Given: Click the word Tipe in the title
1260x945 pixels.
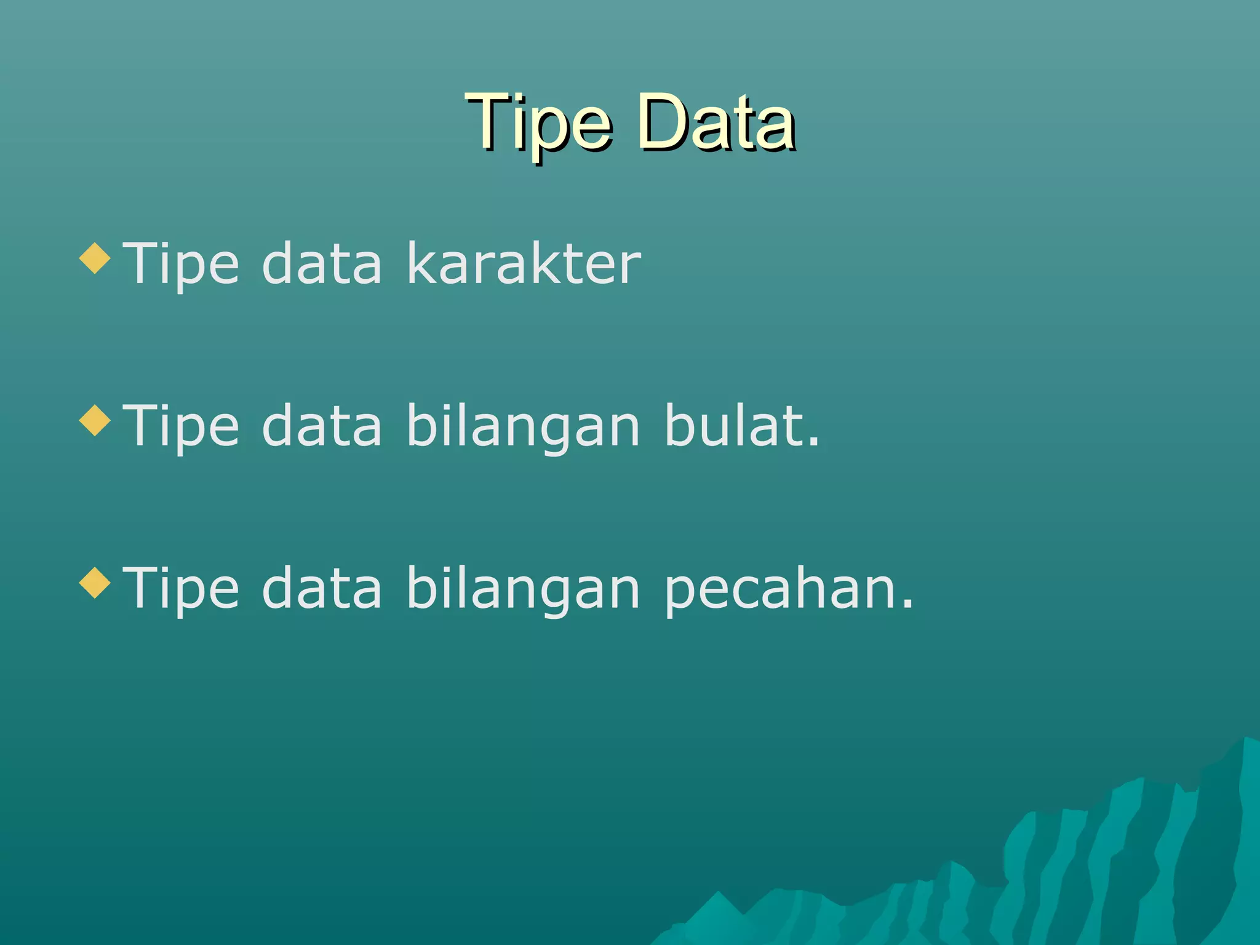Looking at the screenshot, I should (x=539, y=123).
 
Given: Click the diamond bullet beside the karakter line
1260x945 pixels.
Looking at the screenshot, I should (x=95, y=258).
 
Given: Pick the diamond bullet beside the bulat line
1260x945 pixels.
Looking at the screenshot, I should (x=95, y=420).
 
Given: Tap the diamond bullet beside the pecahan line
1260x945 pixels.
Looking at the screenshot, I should (x=95, y=583).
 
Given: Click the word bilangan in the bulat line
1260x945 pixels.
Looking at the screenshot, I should (x=524, y=427).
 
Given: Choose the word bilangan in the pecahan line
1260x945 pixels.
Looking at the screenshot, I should (x=524, y=589).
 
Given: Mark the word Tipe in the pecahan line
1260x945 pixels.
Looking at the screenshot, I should (x=181, y=589).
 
